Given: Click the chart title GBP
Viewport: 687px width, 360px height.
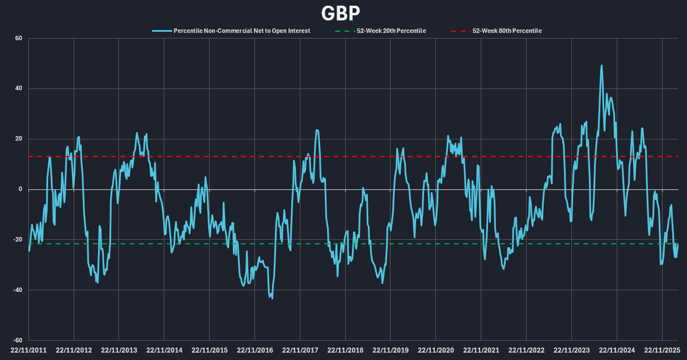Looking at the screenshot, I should (x=341, y=12).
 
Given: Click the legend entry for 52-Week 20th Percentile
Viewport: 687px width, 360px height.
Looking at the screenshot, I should (x=391, y=31).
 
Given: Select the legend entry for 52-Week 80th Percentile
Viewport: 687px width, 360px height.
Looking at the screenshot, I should (x=507, y=31).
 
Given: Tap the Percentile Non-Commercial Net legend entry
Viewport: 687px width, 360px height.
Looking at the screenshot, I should (x=241, y=31).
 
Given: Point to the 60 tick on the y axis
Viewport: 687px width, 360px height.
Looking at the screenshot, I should (x=18, y=39).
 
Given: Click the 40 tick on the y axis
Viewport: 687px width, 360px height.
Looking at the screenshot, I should (x=18, y=88).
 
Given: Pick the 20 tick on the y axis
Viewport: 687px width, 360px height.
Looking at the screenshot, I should (x=18, y=139).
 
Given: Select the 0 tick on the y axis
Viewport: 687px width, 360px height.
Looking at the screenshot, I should (x=20, y=189).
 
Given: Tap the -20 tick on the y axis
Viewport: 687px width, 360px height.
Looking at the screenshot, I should (x=17, y=240).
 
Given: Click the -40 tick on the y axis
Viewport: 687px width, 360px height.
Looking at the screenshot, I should (x=17, y=290).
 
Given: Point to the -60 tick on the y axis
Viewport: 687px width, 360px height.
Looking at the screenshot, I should (x=17, y=340).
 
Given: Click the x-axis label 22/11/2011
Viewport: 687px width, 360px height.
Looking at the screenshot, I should (x=29, y=350).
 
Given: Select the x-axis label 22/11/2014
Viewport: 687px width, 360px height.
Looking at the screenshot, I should (x=164, y=350).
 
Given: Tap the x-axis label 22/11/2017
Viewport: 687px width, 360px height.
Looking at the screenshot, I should (x=300, y=350).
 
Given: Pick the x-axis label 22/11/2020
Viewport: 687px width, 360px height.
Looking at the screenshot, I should (x=436, y=350).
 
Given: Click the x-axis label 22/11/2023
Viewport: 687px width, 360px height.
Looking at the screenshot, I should (x=571, y=350).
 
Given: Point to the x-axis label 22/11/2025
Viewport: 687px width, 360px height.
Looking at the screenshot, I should (x=662, y=350).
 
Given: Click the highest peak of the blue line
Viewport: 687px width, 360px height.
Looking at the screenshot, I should (x=601, y=65).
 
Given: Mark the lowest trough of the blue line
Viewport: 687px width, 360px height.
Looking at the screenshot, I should (x=272, y=298).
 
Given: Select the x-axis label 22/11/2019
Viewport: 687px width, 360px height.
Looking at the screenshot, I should (x=391, y=350).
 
